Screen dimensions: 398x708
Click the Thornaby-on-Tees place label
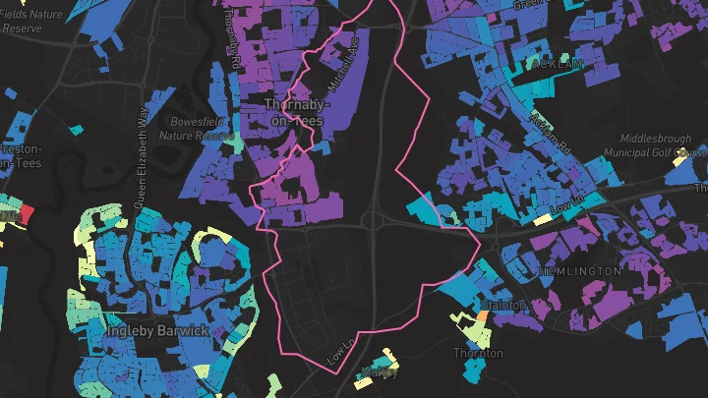[x=293, y=112]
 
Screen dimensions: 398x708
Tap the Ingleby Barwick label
[x=157, y=331]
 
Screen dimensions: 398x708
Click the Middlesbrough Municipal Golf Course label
[x=661, y=146]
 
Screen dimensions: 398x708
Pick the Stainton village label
[x=503, y=307]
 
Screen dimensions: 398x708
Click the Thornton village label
[x=479, y=353]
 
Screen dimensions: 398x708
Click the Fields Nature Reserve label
[x=31, y=22]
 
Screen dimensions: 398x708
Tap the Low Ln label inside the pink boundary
[x=340, y=349]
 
